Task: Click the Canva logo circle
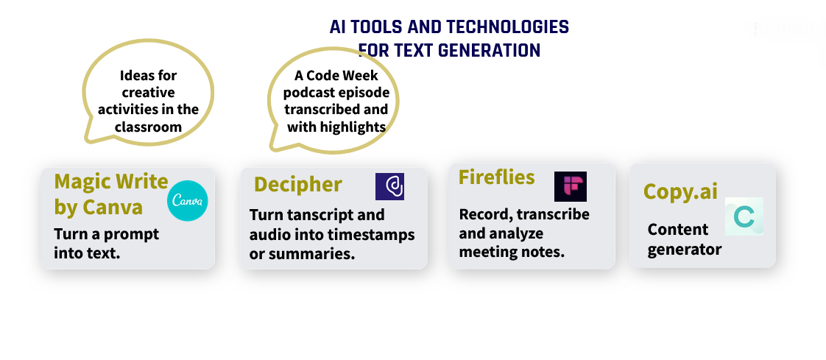pos(188,201)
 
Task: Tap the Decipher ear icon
pos(390,186)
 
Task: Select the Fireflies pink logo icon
pos(571,186)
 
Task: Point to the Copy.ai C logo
pos(744,216)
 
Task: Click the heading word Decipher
pos(298,185)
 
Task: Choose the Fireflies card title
pos(497,177)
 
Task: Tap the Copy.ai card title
pos(681,191)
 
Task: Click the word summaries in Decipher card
pos(312,253)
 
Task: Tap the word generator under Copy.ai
pos(685,250)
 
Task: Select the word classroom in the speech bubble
pos(149,127)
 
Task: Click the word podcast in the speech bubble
pos(309,93)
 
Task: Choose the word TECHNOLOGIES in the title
pos(508,27)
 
